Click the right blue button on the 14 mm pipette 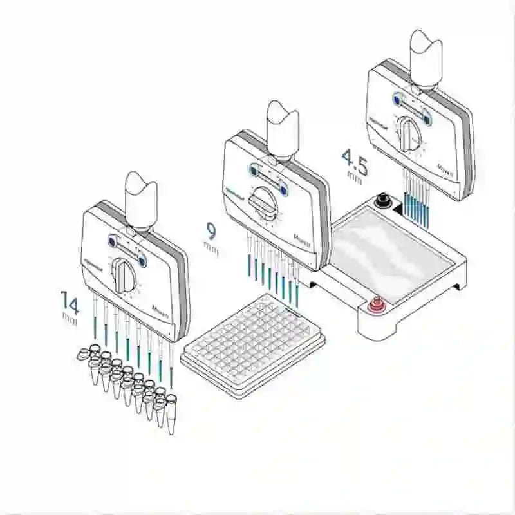(x=142, y=261)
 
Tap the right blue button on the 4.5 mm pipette (x=427, y=118)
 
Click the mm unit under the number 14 (x=70, y=317)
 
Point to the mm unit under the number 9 (x=211, y=246)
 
